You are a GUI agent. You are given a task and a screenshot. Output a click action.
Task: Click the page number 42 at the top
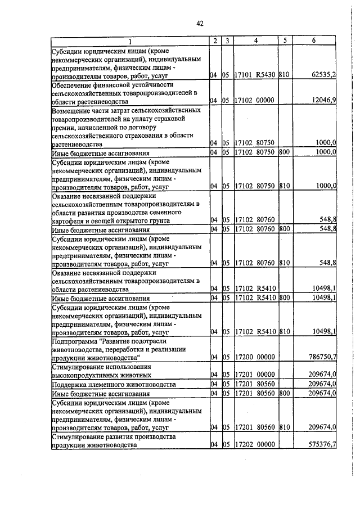click(x=200, y=23)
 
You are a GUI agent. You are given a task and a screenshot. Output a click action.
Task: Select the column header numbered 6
click(x=314, y=41)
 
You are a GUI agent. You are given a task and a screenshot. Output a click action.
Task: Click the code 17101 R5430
click(x=254, y=74)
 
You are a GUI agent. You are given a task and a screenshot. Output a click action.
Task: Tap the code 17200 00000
click(x=254, y=357)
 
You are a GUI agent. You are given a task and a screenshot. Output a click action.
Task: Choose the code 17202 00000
click(x=254, y=445)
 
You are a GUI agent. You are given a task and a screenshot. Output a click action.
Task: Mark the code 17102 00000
click(x=254, y=101)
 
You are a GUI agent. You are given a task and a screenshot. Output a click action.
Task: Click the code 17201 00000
click(x=254, y=375)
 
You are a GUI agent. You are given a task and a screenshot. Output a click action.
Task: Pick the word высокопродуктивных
click(x=85, y=375)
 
